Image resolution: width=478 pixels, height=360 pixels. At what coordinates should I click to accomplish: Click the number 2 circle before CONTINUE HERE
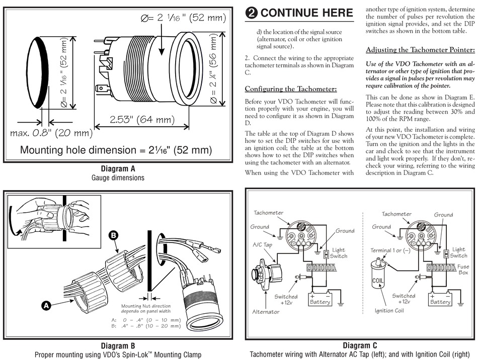pos(251,14)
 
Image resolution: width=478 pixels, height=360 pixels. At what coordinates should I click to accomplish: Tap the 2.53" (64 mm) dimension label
pos(135,120)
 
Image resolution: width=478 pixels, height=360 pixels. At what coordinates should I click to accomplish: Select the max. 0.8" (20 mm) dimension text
pos(52,133)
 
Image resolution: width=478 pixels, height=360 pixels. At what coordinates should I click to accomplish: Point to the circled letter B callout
pos(114,235)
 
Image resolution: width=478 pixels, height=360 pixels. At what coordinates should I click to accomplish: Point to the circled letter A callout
pos(46,305)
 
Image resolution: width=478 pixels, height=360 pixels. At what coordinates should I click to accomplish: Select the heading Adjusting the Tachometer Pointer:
pos(420,50)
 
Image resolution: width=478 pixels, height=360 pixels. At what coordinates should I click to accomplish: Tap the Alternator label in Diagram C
pos(266,312)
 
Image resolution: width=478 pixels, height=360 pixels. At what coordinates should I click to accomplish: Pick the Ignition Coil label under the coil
pos(389,310)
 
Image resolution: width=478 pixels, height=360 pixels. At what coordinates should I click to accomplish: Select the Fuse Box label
pos(463,270)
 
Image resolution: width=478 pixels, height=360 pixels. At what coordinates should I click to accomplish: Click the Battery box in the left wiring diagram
pos(320,300)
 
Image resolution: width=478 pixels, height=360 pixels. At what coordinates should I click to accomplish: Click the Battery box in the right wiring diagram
pos(440,300)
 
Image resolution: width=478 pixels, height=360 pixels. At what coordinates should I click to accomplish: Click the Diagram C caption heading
pos(360,345)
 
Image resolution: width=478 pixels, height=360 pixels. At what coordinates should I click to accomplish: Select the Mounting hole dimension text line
pos(116,150)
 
